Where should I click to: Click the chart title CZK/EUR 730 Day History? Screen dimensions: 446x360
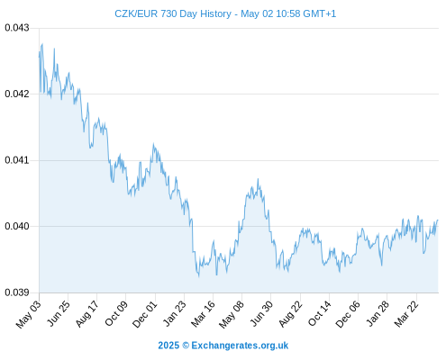173,13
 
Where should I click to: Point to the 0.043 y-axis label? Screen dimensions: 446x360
17,28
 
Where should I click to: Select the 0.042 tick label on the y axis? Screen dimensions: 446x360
17,94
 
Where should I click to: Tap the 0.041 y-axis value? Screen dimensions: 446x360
17,160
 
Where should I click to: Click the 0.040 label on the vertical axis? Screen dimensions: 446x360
17,226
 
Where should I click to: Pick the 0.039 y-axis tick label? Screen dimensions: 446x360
17,292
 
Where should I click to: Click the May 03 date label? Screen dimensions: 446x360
28,314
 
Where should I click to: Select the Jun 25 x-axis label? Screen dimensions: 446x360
59,313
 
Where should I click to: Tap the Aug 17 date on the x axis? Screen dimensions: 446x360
86,313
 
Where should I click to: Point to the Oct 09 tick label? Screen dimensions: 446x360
116,313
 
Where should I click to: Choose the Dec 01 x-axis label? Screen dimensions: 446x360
144,314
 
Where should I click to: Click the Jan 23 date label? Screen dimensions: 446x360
174,313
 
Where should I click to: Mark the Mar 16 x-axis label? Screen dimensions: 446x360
203,313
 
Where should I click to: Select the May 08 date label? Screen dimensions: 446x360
231,314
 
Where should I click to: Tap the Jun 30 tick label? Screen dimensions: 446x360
261,313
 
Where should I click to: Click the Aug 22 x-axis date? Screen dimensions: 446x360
290,313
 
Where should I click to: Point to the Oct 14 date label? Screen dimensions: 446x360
319,313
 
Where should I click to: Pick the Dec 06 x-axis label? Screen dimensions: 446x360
348,314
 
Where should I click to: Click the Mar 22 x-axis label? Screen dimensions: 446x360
406,313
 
